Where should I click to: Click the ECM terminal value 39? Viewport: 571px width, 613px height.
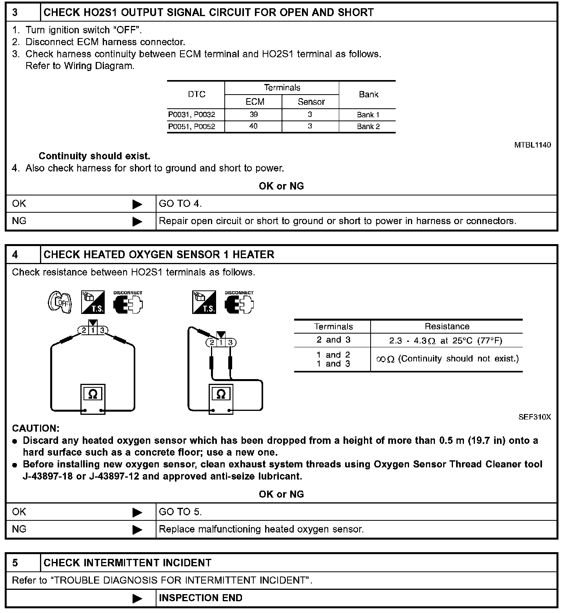tap(253, 115)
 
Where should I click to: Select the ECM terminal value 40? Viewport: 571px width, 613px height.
tap(253, 126)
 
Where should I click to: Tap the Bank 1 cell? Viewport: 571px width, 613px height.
tap(368, 115)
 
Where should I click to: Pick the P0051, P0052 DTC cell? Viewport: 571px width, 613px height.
tap(192, 127)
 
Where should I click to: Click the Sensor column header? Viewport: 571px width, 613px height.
tap(311, 102)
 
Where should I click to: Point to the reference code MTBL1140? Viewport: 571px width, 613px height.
tap(532, 145)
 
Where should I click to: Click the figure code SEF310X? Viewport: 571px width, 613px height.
tap(535, 417)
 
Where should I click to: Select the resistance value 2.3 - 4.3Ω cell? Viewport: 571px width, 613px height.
tap(446, 341)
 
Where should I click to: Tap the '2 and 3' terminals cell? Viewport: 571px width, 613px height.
tap(333, 340)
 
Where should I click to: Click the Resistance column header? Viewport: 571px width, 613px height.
tap(447, 327)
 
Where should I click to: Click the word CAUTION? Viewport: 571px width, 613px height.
tap(36, 428)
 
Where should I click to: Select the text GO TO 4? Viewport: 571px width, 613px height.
tap(180, 204)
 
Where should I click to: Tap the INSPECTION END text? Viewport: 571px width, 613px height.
tap(200, 598)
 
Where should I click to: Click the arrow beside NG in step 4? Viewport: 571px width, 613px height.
tap(137, 530)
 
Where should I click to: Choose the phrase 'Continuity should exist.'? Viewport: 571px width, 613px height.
tap(95, 156)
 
